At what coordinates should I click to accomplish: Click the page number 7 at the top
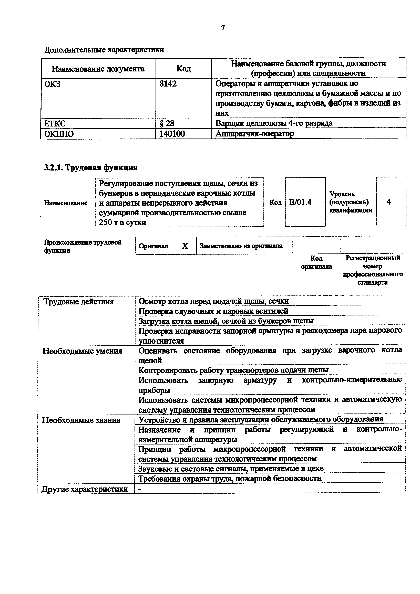[x=223, y=28]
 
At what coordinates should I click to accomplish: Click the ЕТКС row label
[x=55, y=123]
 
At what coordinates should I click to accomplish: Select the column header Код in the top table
[x=184, y=69]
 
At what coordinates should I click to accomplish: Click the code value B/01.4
[x=300, y=202]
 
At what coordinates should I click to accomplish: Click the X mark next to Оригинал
[x=185, y=246]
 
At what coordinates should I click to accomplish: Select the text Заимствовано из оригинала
[x=241, y=246]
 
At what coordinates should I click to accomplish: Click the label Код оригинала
[x=316, y=262]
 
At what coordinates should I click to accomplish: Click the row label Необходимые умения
[x=82, y=351]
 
